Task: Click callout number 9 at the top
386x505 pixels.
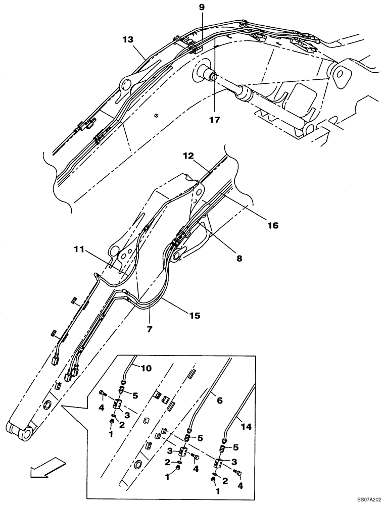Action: pos(202,7)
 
